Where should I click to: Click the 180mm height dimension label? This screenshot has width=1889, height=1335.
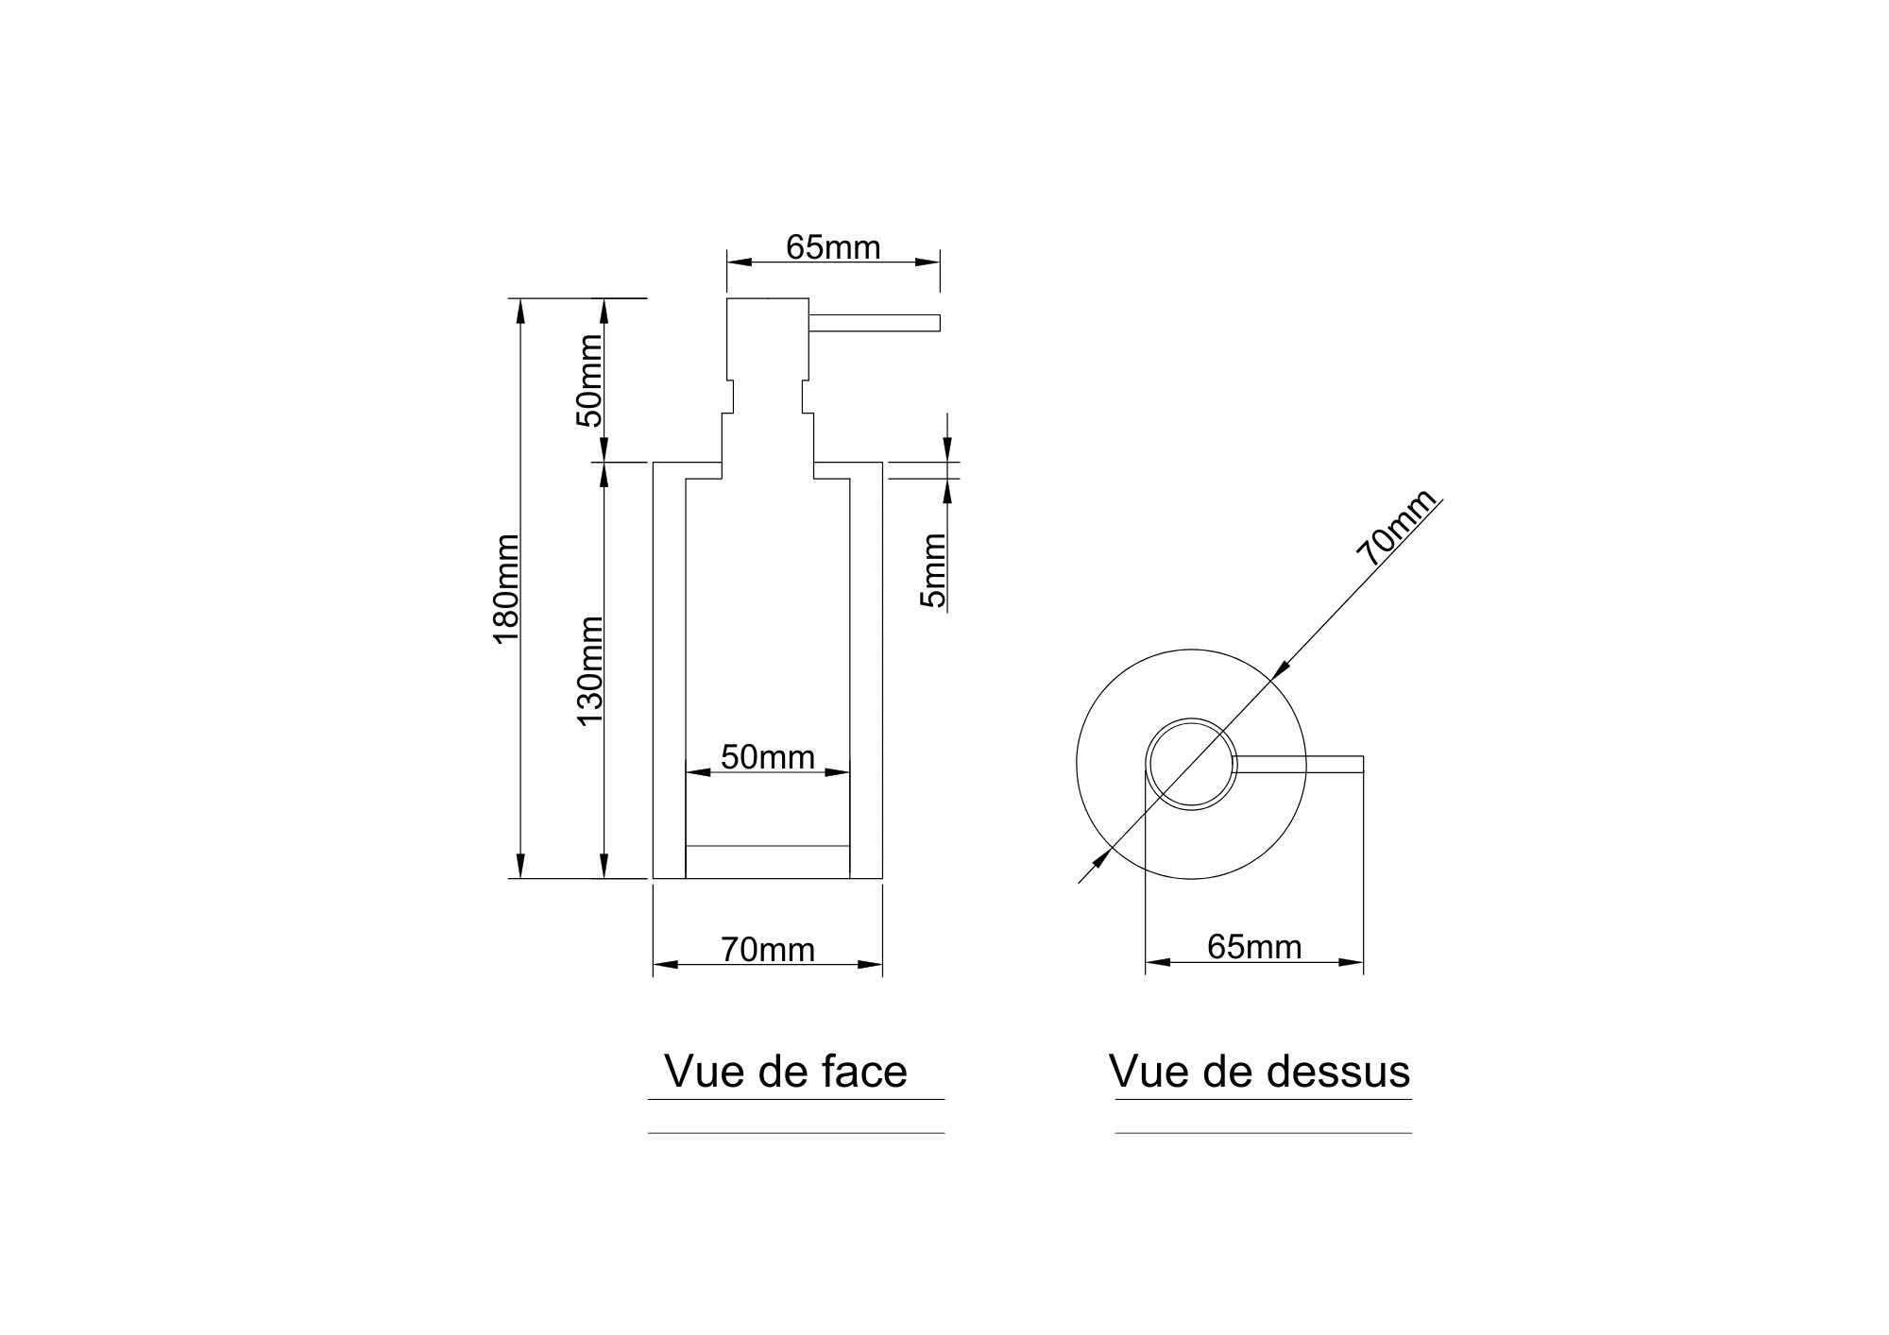(x=506, y=588)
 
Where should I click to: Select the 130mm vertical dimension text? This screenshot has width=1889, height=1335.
(x=590, y=670)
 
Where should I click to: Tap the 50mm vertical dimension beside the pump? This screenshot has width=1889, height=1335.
(x=589, y=380)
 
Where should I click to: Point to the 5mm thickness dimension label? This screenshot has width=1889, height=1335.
(x=933, y=571)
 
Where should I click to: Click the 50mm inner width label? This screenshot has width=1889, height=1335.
(x=767, y=756)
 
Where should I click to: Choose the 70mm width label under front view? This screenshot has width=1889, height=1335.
(x=767, y=949)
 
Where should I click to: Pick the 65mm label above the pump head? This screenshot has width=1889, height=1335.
(x=833, y=247)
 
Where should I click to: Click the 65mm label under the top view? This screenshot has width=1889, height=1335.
(x=1254, y=947)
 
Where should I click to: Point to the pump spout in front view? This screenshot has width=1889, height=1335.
(x=874, y=323)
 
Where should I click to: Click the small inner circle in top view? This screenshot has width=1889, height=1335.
(x=1191, y=764)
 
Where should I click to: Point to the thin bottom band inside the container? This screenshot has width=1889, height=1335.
(x=767, y=861)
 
